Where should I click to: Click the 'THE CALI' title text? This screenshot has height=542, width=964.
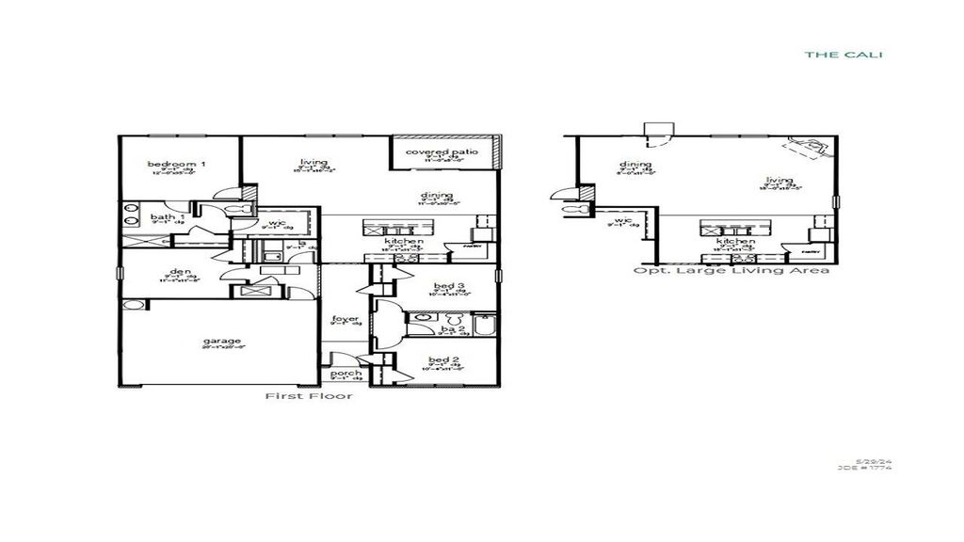pos(843,55)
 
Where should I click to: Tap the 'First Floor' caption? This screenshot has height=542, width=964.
pos(310,396)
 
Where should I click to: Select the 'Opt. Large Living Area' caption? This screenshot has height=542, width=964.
pos(731,271)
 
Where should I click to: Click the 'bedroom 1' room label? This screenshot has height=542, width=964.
pos(177,166)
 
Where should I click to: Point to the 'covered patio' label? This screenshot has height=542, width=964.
pos(442,152)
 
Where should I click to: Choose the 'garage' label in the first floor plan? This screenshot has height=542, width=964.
pos(220,341)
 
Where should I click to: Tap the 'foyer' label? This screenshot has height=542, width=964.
pos(345,319)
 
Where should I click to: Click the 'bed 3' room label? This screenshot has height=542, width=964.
pos(447,286)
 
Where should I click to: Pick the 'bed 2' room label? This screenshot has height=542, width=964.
pos(442,360)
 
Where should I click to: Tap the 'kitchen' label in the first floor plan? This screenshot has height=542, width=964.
pos(404,242)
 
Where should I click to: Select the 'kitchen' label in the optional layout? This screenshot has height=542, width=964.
pos(734,242)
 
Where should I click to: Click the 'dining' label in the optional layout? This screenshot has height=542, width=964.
pos(635,166)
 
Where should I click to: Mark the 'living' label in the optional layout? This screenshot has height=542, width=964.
pos(779,181)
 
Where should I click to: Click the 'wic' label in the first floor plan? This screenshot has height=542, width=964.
pos(275,222)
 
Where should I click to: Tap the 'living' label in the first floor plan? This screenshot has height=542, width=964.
pos(313,162)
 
